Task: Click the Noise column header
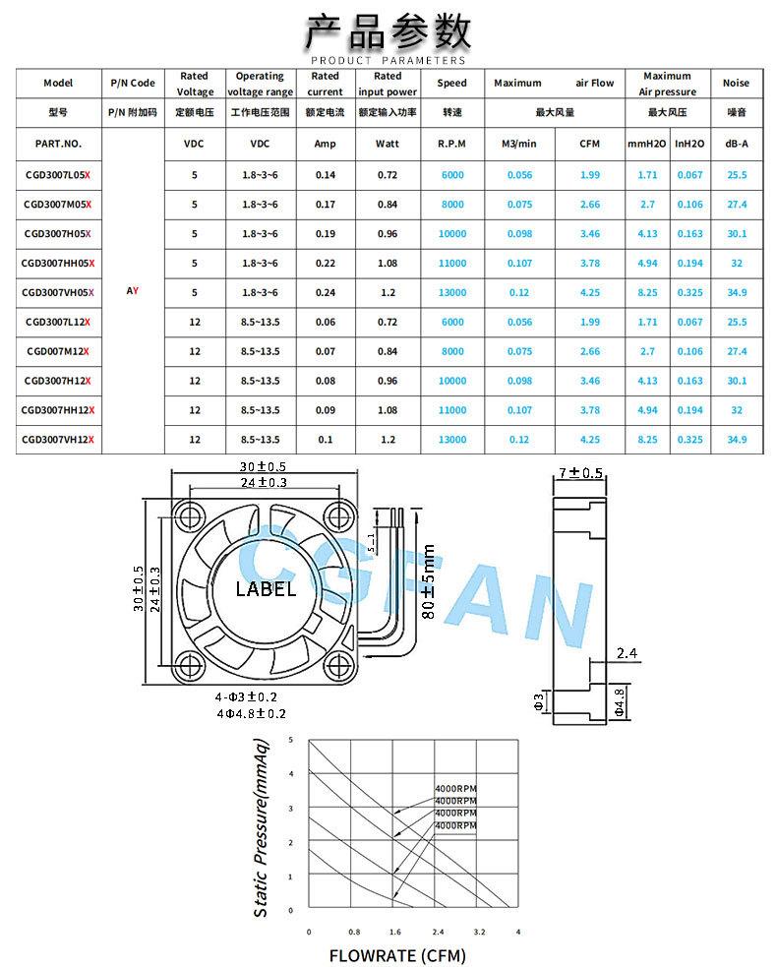pyautogui.click(x=736, y=83)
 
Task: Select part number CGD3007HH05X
pyautogui.click(x=58, y=264)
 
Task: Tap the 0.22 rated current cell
pyautogui.click(x=325, y=264)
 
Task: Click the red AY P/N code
pyautogui.click(x=132, y=290)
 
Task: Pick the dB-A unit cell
pyautogui.click(x=737, y=144)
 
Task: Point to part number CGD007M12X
pyautogui.click(x=58, y=351)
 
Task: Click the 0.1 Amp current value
pyautogui.click(x=325, y=440)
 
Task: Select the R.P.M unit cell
pyautogui.click(x=452, y=144)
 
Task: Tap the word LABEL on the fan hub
pyautogui.click(x=266, y=589)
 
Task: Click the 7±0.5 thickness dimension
pyautogui.click(x=580, y=473)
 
